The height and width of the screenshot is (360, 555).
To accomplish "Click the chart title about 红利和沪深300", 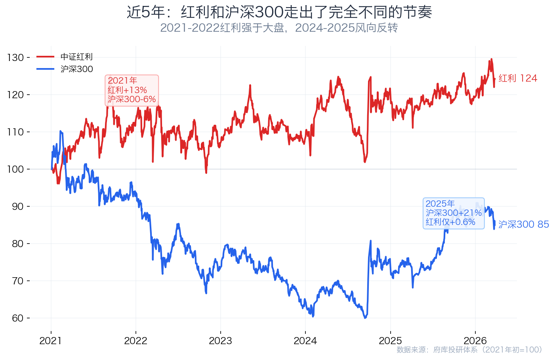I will pyautogui.click(x=279, y=12).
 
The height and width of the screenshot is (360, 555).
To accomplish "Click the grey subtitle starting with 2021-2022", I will pyautogui.click(x=279, y=28).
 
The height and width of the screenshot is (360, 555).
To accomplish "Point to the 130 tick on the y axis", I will pyautogui.click(x=16, y=58).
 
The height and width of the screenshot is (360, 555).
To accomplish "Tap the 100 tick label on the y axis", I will pyautogui.click(x=16, y=170).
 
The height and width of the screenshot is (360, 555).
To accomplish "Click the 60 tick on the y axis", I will pyautogui.click(x=18, y=318).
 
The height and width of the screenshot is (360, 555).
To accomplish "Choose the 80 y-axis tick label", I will pyautogui.click(x=18, y=244).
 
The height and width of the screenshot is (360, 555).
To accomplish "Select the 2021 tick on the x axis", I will pyautogui.click(x=51, y=341).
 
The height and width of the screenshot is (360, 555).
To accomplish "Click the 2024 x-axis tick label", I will pyautogui.click(x=305, y=341).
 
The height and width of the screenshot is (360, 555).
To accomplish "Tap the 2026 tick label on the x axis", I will pyautogui.click(x=475, y=341).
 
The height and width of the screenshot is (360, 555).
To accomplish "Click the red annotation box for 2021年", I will pyautogui.click(x=132, y=90).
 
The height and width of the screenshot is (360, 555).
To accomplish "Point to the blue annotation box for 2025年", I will pyautogui.click(x=454, y=213).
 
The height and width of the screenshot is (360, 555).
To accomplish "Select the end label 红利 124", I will pyautogui.click(x=518, y=78).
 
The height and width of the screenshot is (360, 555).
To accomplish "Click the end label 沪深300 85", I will pyautogui.click(x=523, y=225).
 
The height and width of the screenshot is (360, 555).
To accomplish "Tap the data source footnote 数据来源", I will pyautogui.click(x=469, y=350).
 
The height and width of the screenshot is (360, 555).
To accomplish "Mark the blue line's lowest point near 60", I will pyautogui.click(x=365, y=318).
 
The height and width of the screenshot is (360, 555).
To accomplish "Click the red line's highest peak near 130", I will pyautogui.click(x=491, y=59).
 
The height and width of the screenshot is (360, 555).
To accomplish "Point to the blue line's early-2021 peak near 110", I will pyautogui.click(x=60, y=131).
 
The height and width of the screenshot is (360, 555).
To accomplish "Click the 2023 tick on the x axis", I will pyautogui.click(x=220, y=341).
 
